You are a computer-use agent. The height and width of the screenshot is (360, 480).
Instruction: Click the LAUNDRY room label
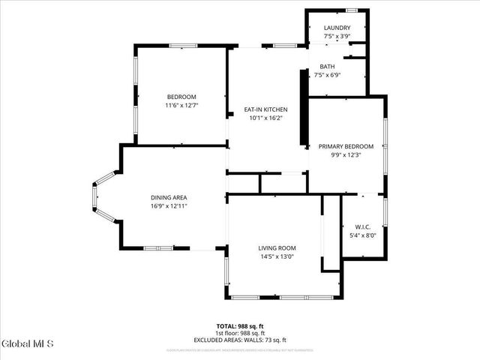pyautogui.click(x=337, y=27)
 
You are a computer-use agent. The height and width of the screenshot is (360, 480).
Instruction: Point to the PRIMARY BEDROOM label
pyautogui.click(x=346, y=146)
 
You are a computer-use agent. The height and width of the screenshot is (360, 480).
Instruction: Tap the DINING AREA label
pyautogui.click(x=168, y=197)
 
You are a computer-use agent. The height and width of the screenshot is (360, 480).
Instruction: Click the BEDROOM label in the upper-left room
pyautogui.click(x=181, y=97)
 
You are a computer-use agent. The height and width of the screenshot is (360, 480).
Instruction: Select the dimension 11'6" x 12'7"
pyautogui.click(x=181, y=105)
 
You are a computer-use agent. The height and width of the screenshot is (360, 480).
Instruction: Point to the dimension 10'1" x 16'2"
pyautogui.click(x=267, y=118)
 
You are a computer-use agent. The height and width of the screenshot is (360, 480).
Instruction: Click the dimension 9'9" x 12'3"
pyautogui.click(x=346, y=154)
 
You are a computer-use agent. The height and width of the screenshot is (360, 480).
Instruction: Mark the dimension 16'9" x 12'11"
pyautogui.click(x=168, y=205)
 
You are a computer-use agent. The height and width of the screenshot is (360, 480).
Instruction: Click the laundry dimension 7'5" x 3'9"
pyautogui.click(x=337, y=35)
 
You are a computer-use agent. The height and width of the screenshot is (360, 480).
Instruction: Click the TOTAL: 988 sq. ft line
pyautogui.click(x=240, y=326)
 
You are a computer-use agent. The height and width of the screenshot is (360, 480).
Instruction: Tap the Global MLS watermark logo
pyautogui.click(x=28, y=344)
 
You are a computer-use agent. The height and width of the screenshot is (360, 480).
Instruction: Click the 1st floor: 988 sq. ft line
pyautogui.click(x=240, y=332)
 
